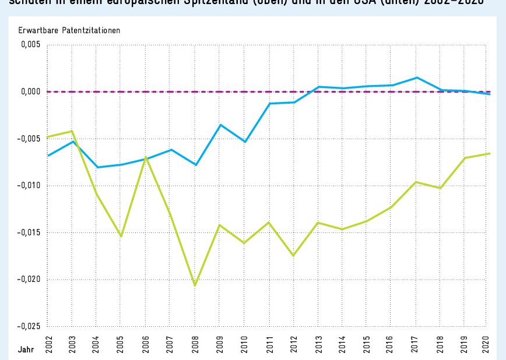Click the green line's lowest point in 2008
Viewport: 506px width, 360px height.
pos(195,285)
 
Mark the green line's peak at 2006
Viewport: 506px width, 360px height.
pos(146,157)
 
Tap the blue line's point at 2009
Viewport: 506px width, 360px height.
pos(220,125)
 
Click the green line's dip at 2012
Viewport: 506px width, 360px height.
pos(294,256)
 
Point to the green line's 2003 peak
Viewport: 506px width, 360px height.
pos(72,131)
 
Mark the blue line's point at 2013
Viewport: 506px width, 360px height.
pos(318,87)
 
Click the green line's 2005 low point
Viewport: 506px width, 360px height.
pos(121,236)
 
